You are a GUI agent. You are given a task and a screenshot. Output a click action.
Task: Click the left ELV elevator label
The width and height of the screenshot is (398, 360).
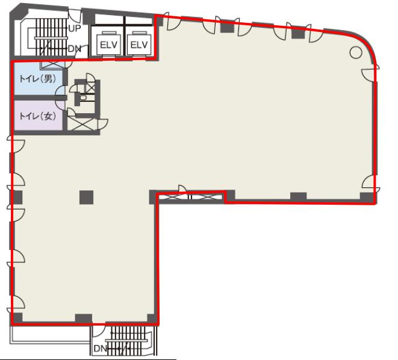coord(108,45)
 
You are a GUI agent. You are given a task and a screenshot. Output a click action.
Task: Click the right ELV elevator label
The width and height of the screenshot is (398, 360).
coord(139,45)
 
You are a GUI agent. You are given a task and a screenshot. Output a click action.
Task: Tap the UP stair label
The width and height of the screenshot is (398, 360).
coord(75,28)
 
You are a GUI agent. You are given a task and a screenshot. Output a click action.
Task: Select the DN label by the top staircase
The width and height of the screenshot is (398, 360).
coord(75,48)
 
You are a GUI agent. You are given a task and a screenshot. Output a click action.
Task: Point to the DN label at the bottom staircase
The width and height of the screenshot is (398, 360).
coord(101,349)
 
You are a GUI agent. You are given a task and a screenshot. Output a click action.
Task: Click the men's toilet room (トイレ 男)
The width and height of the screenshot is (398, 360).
coord(38,79)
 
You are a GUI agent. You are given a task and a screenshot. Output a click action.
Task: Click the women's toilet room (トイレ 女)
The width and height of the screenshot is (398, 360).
coord(38,116)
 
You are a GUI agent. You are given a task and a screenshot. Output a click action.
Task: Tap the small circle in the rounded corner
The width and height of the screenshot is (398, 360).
coord(356,52)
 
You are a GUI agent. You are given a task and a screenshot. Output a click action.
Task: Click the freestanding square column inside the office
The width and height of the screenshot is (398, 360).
coord(86,197)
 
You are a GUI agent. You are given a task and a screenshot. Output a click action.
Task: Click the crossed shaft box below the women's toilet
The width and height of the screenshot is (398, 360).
coord(82,124)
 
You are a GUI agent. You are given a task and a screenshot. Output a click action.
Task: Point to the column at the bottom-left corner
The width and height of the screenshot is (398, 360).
coord(17,318)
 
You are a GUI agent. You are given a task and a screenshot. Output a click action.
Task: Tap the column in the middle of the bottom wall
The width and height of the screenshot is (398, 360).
coord(84,318)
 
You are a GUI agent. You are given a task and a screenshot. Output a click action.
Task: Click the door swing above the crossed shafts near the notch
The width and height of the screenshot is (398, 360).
coord(182,188)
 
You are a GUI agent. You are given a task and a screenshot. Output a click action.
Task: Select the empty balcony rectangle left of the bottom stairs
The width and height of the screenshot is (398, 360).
coord(50,335)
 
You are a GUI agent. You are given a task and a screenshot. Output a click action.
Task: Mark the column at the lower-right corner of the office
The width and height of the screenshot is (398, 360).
coord(367,197)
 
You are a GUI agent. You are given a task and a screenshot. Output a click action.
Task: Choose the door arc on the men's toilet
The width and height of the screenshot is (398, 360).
coord(60,91)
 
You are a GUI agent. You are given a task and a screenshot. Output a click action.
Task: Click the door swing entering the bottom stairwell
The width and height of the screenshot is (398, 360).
coord(99,331)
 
